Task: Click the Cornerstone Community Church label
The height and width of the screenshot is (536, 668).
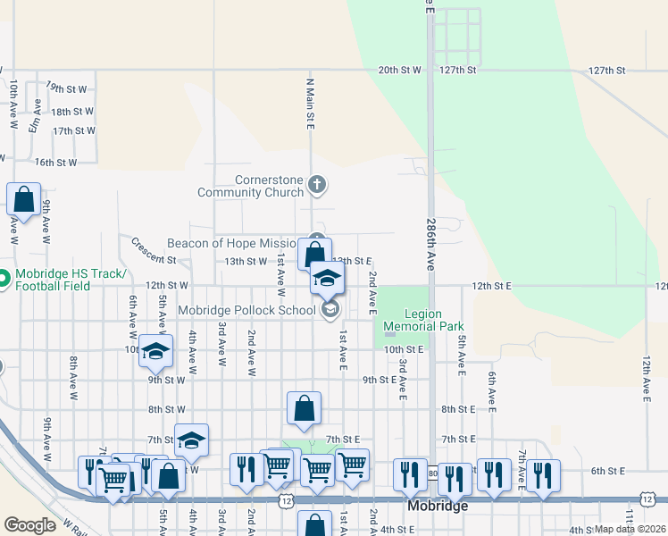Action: (x=263, y=186)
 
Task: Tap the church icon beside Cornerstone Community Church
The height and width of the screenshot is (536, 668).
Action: (x=316, y=186)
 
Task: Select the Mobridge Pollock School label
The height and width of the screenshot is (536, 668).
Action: (x=246, y=310)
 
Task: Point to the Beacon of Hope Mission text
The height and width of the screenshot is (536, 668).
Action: (x=232, y=243)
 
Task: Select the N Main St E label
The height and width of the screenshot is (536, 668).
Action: (x=310, y=103)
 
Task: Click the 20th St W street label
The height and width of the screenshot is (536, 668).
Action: (x=399, y=70)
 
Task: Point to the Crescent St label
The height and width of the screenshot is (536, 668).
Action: (x=154, y=251)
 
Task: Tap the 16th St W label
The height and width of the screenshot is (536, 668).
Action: (x=55, y=163)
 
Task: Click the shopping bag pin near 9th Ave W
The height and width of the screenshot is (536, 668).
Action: (x=24, y=200)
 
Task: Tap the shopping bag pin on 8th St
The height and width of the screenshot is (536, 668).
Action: (x=305, y=407)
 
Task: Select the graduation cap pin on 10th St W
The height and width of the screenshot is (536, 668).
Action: (x=155, y=350)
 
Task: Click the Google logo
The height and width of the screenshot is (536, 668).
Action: (x=30, y=525)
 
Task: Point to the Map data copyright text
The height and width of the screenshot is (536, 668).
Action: (x=630, y=529)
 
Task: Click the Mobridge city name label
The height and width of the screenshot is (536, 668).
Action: (x=438, y=506)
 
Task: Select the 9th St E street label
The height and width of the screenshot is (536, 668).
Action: (x=379, y=380)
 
